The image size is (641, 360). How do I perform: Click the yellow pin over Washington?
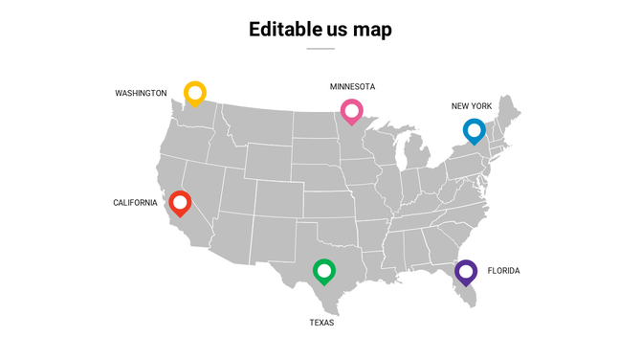195,94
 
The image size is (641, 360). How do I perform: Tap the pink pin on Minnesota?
352,112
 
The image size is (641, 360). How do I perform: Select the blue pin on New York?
474,130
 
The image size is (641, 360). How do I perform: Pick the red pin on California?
180,204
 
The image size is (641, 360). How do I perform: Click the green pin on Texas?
324,273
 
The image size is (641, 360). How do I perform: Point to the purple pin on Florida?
466,273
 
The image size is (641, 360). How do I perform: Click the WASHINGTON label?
141,93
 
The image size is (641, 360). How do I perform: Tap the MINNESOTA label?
352,87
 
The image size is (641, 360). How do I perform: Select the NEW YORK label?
472,106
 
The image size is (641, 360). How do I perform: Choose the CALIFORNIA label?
135,203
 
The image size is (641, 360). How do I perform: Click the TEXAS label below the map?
321,323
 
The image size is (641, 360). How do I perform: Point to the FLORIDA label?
503,271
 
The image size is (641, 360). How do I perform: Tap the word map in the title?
371,30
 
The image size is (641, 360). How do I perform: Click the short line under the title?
320,48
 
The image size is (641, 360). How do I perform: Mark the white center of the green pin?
324,271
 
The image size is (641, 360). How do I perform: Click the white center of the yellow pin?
195,92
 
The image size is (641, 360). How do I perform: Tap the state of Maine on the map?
509,112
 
